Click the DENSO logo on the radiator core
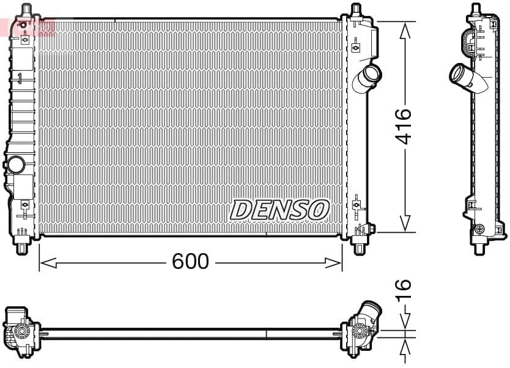(x=279, y=210)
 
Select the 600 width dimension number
(x=190, y=262)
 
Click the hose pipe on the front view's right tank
(x=370, y=78)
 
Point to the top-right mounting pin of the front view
(x=357, y=10)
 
